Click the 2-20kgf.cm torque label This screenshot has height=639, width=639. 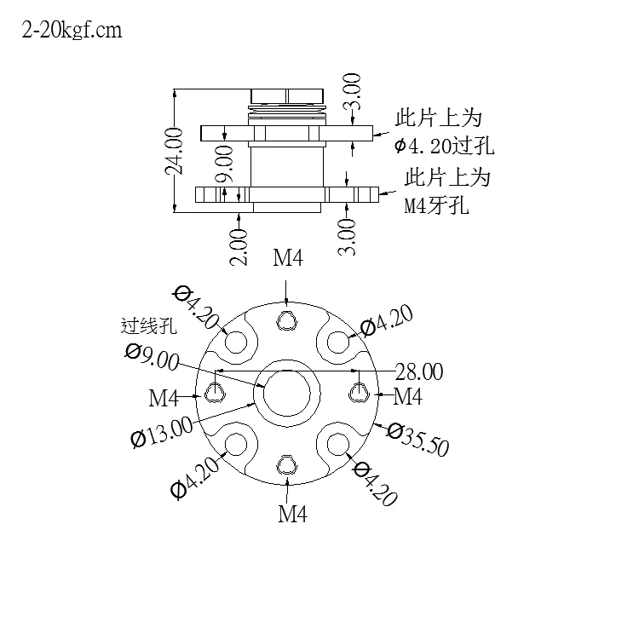tap(72, 31)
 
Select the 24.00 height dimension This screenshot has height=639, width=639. tap(174, 151)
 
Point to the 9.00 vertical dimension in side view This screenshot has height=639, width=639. tap(225, 164)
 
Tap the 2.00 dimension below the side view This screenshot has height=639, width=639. tap(239, 247)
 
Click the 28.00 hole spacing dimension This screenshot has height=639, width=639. tap(419, 371)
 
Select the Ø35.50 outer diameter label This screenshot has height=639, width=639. tap(418, 440)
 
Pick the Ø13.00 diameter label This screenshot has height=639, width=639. tap(161, 432)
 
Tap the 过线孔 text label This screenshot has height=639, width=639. tap(149, 326)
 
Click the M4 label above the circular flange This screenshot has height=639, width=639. tap(288, 258)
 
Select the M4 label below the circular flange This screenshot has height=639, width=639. tap(292, 514)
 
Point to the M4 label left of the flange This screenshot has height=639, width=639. tap(164, 398)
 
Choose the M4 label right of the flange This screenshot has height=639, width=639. tap(407, 396)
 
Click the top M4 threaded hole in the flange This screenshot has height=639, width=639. tap(287, 320)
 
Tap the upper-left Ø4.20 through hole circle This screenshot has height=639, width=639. tap(236, 342)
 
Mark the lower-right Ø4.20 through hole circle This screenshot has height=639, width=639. tap(338, 444)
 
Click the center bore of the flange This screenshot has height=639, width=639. tap(287, 394)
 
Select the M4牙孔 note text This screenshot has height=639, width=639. tap(436, 205)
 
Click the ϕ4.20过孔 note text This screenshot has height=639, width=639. tap(444, 146)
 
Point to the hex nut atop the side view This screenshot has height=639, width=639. tap(287, 96)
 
